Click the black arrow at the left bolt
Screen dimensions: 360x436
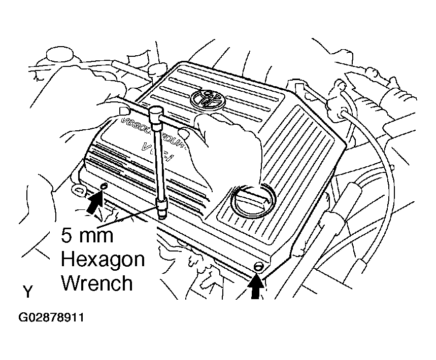(x=94, y=204)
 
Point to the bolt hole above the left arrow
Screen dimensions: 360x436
(x=104, y=188)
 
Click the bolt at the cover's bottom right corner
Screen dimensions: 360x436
(x=258, y=267)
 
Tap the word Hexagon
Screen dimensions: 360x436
(x=103, y=260)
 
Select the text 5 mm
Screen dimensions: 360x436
(x=87, y=236)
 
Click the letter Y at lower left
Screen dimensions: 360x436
(x=28, y=292)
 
